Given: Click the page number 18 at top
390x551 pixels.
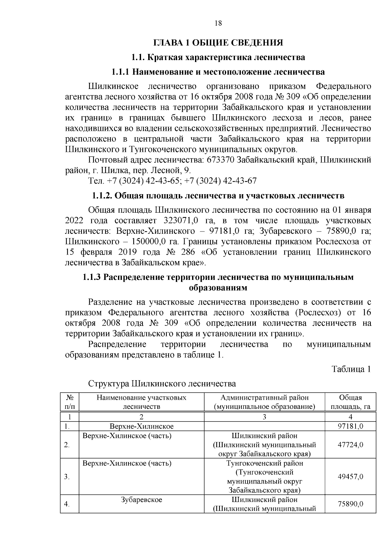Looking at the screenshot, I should (218, 23).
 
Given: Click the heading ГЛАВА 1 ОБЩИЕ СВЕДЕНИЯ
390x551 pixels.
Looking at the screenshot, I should (218, 43).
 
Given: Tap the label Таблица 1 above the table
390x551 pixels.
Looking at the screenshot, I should (351, 369).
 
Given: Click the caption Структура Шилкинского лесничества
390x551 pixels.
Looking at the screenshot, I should (162, 384).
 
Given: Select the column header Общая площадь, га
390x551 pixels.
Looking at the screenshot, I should (350, 402).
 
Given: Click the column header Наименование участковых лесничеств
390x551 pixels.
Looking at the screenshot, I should (141, 402).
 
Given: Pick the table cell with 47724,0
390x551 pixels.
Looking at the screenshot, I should (350, 445).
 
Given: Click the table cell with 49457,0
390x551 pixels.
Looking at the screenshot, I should (350, 477).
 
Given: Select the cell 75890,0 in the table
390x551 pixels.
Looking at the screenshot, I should (350, 504).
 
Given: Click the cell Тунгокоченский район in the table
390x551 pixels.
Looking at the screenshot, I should (264, 463).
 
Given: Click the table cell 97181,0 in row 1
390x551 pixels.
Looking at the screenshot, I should (350, 426).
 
